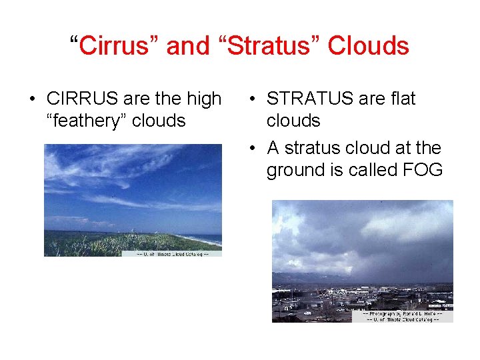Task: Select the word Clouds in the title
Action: coord(368,46)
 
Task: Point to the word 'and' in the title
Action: coord(186,46)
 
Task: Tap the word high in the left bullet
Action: coord(203,99)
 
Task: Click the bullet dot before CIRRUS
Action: coord(31,99)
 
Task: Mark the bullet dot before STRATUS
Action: coord(251,99)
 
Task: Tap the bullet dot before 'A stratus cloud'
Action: coord(251,148)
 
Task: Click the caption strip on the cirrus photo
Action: coord(171,253)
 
